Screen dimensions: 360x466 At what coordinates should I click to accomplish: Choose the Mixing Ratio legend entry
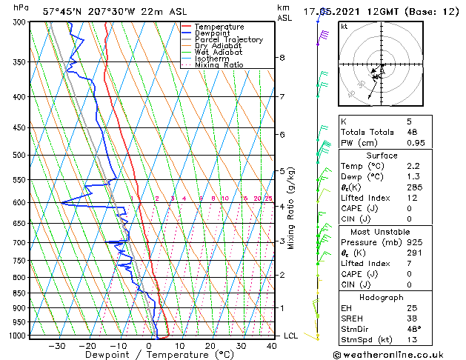[x=219, y=65]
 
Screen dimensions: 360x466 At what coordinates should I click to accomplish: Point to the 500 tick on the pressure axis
[x=21, y=156]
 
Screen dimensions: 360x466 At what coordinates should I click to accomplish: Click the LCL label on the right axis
[x=292, y=336]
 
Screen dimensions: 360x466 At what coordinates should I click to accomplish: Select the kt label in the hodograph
[x=344, y=26]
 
